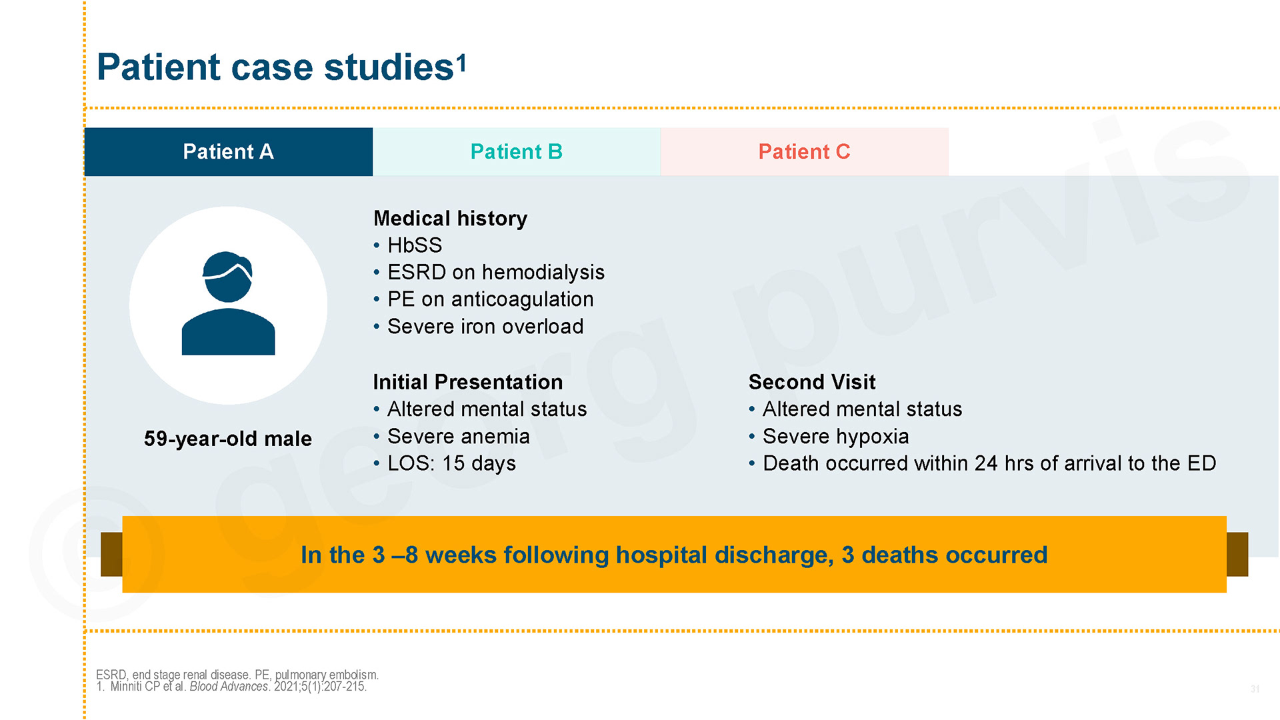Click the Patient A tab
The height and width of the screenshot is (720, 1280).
click(228, 152)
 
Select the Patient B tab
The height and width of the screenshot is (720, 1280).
click(517, 152)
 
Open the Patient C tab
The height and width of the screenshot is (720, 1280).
click(805, 152)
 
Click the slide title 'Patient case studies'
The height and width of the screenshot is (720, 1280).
click(275, 67)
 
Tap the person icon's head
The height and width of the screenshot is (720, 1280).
click(228, 277)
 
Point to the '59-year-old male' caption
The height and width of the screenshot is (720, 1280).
click(228, 439)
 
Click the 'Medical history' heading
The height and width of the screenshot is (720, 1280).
click(450, 219)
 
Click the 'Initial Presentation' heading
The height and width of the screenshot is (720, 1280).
click(468, 382)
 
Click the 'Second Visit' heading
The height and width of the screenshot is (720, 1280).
click(812, 382)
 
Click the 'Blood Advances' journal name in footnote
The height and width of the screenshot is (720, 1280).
click(229, 687)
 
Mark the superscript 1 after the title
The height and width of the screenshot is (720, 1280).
click(461, 64)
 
